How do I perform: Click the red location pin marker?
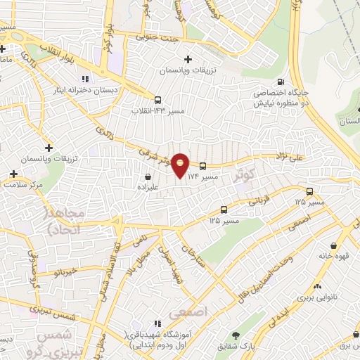tap(181, 166)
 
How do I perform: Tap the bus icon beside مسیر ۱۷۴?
tap(203, 167)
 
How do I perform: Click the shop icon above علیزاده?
tap(148, 177)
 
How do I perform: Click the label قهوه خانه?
tap(335, 258)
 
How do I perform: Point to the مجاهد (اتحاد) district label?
tap(65, 221)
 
